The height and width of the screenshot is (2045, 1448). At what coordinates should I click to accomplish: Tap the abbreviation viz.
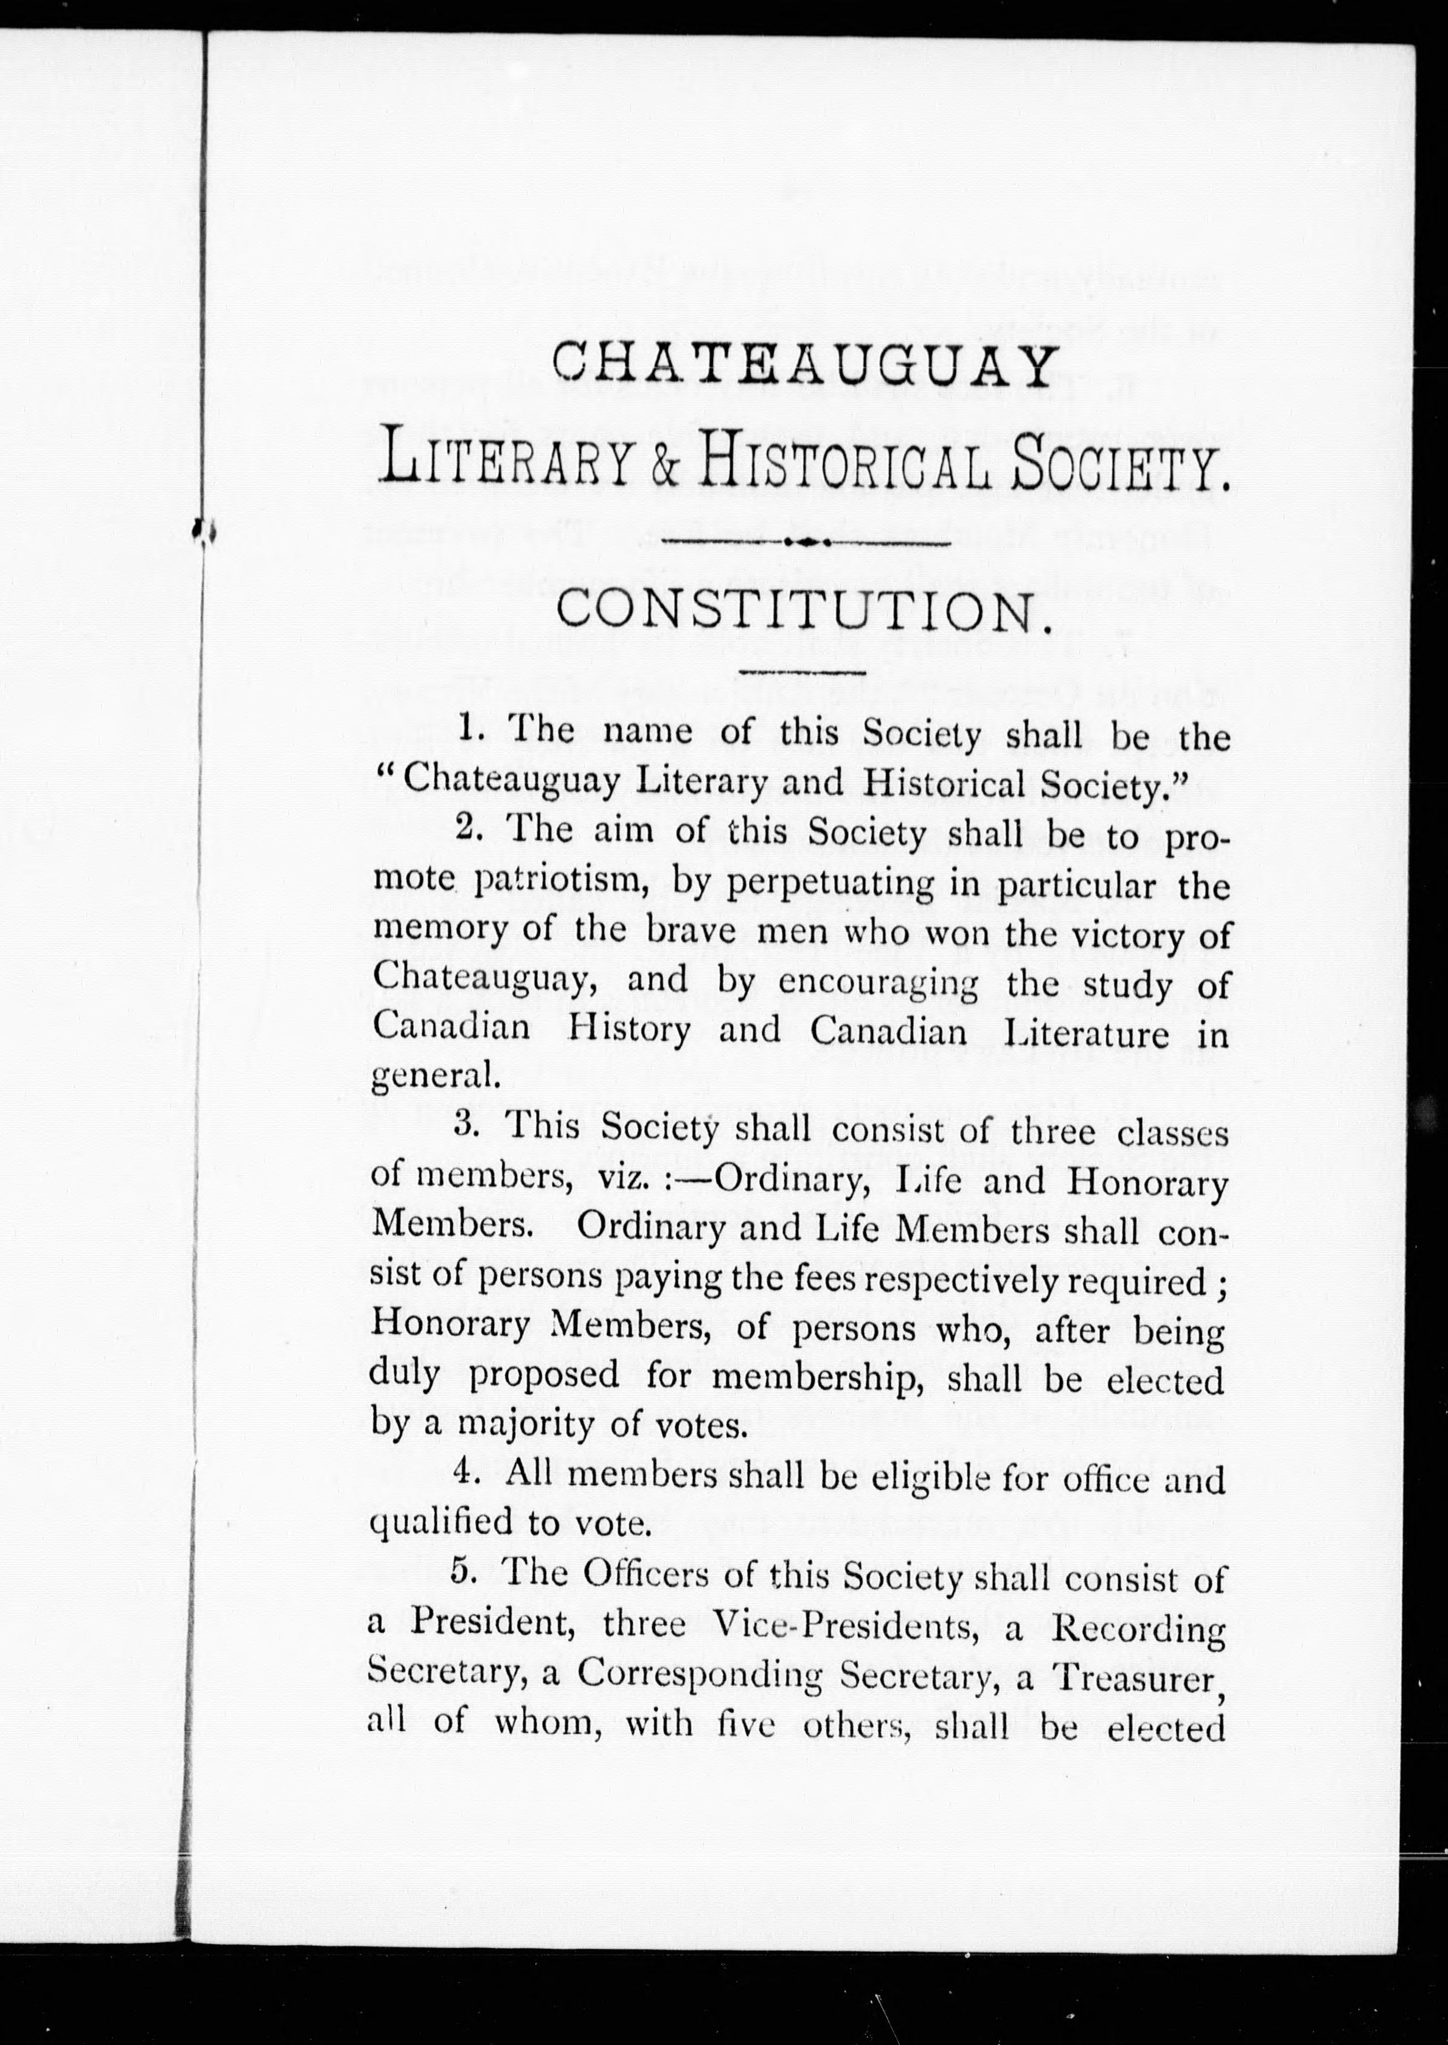point(621,1180)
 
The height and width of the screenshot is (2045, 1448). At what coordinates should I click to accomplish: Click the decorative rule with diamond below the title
point(800,541)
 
